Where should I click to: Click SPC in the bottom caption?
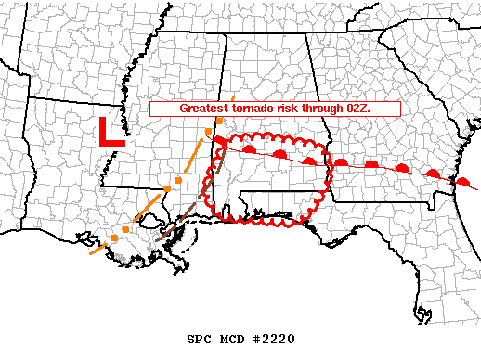click(201, 339)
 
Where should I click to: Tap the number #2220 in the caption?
click(276, 339)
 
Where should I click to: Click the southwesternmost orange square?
click(113, 239)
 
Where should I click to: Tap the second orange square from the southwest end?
click(126, 228)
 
